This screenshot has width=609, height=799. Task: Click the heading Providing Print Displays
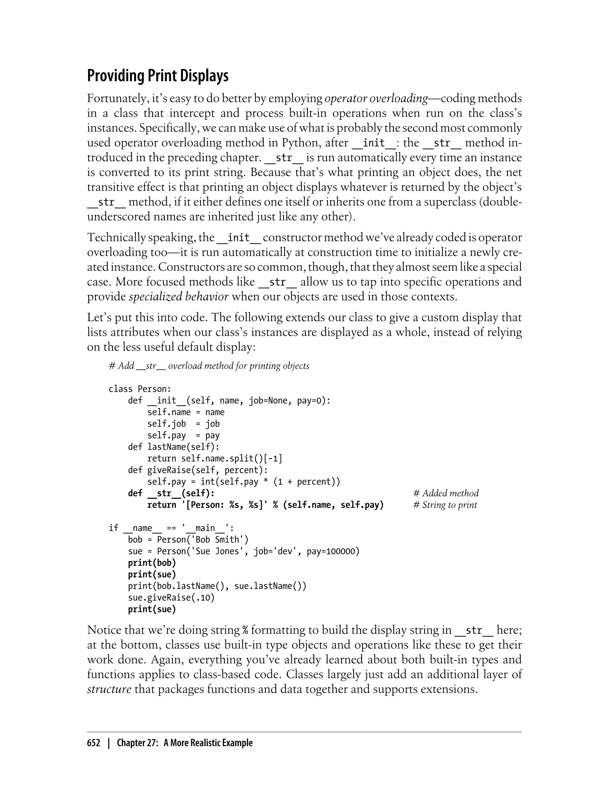pyautogui.click(x=158, y=76)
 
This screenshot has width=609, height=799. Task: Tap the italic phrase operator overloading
pyautogui.click(x=376, y=98)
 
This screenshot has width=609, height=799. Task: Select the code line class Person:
pyautogui.click(x=139, y=389)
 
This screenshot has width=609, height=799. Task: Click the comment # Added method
pyautogui.click(x=445, y=493)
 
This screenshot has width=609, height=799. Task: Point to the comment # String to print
pyautogui.click(x=445, y=505)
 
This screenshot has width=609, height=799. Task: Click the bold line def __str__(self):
pyautogui.click(x=171, y=493)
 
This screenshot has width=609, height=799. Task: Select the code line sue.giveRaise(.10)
pyautogui.click(x=171, y=597)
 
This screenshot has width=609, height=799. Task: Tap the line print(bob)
pyautogui.click(x=152, y=563)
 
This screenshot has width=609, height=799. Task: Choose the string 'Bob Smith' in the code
pyautogui.click(x=217, y=540)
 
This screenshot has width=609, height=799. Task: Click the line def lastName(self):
pyautogui.click(x=173, y=447)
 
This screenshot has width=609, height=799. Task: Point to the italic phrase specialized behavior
pyautogui.click(x=179, y=297)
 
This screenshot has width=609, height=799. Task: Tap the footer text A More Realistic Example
pyautogui.click(x=208, y=743)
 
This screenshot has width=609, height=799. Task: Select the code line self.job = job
pyautogui.click(x=183, y=424)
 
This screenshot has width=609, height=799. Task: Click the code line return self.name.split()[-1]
pyautogui.click(x=215, y=458)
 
